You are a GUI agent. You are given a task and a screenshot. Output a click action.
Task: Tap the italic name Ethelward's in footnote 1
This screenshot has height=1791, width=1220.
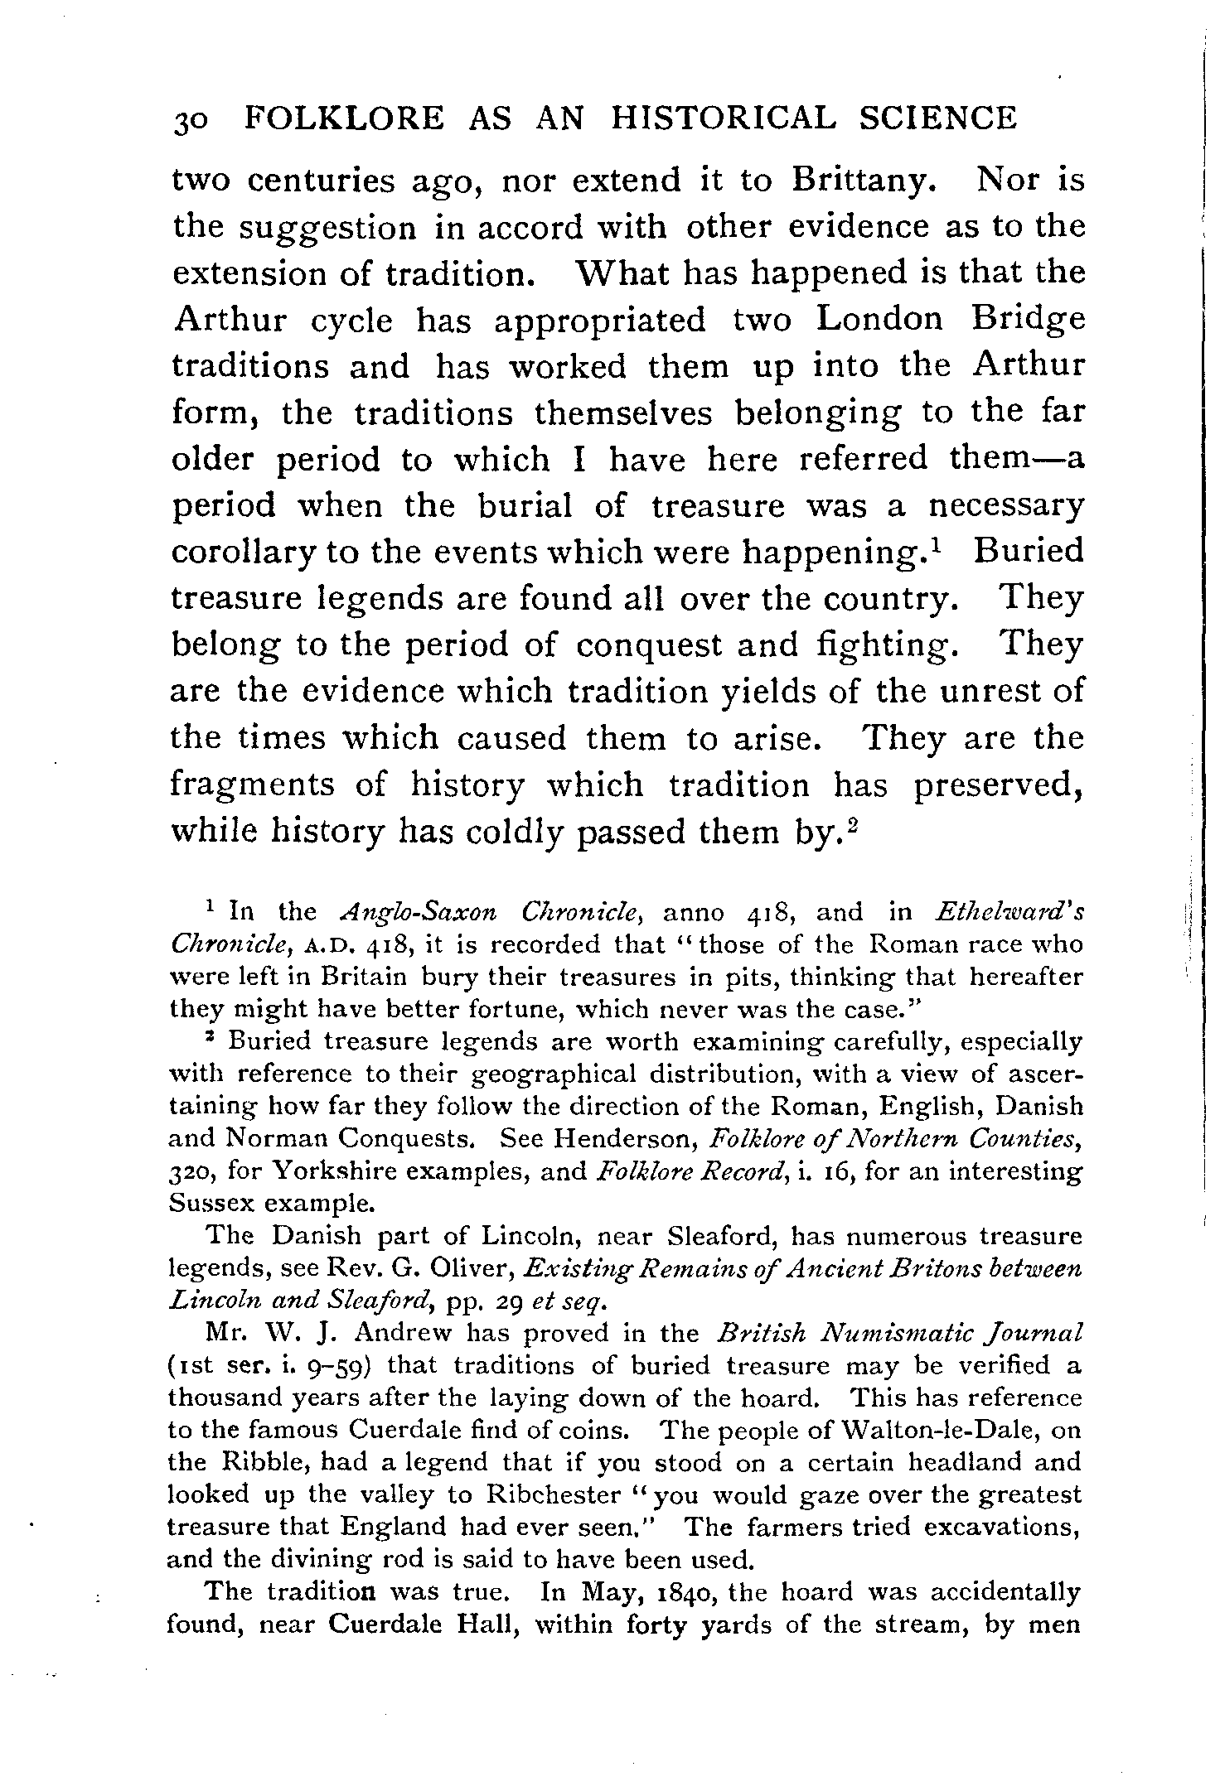[1008, 912]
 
